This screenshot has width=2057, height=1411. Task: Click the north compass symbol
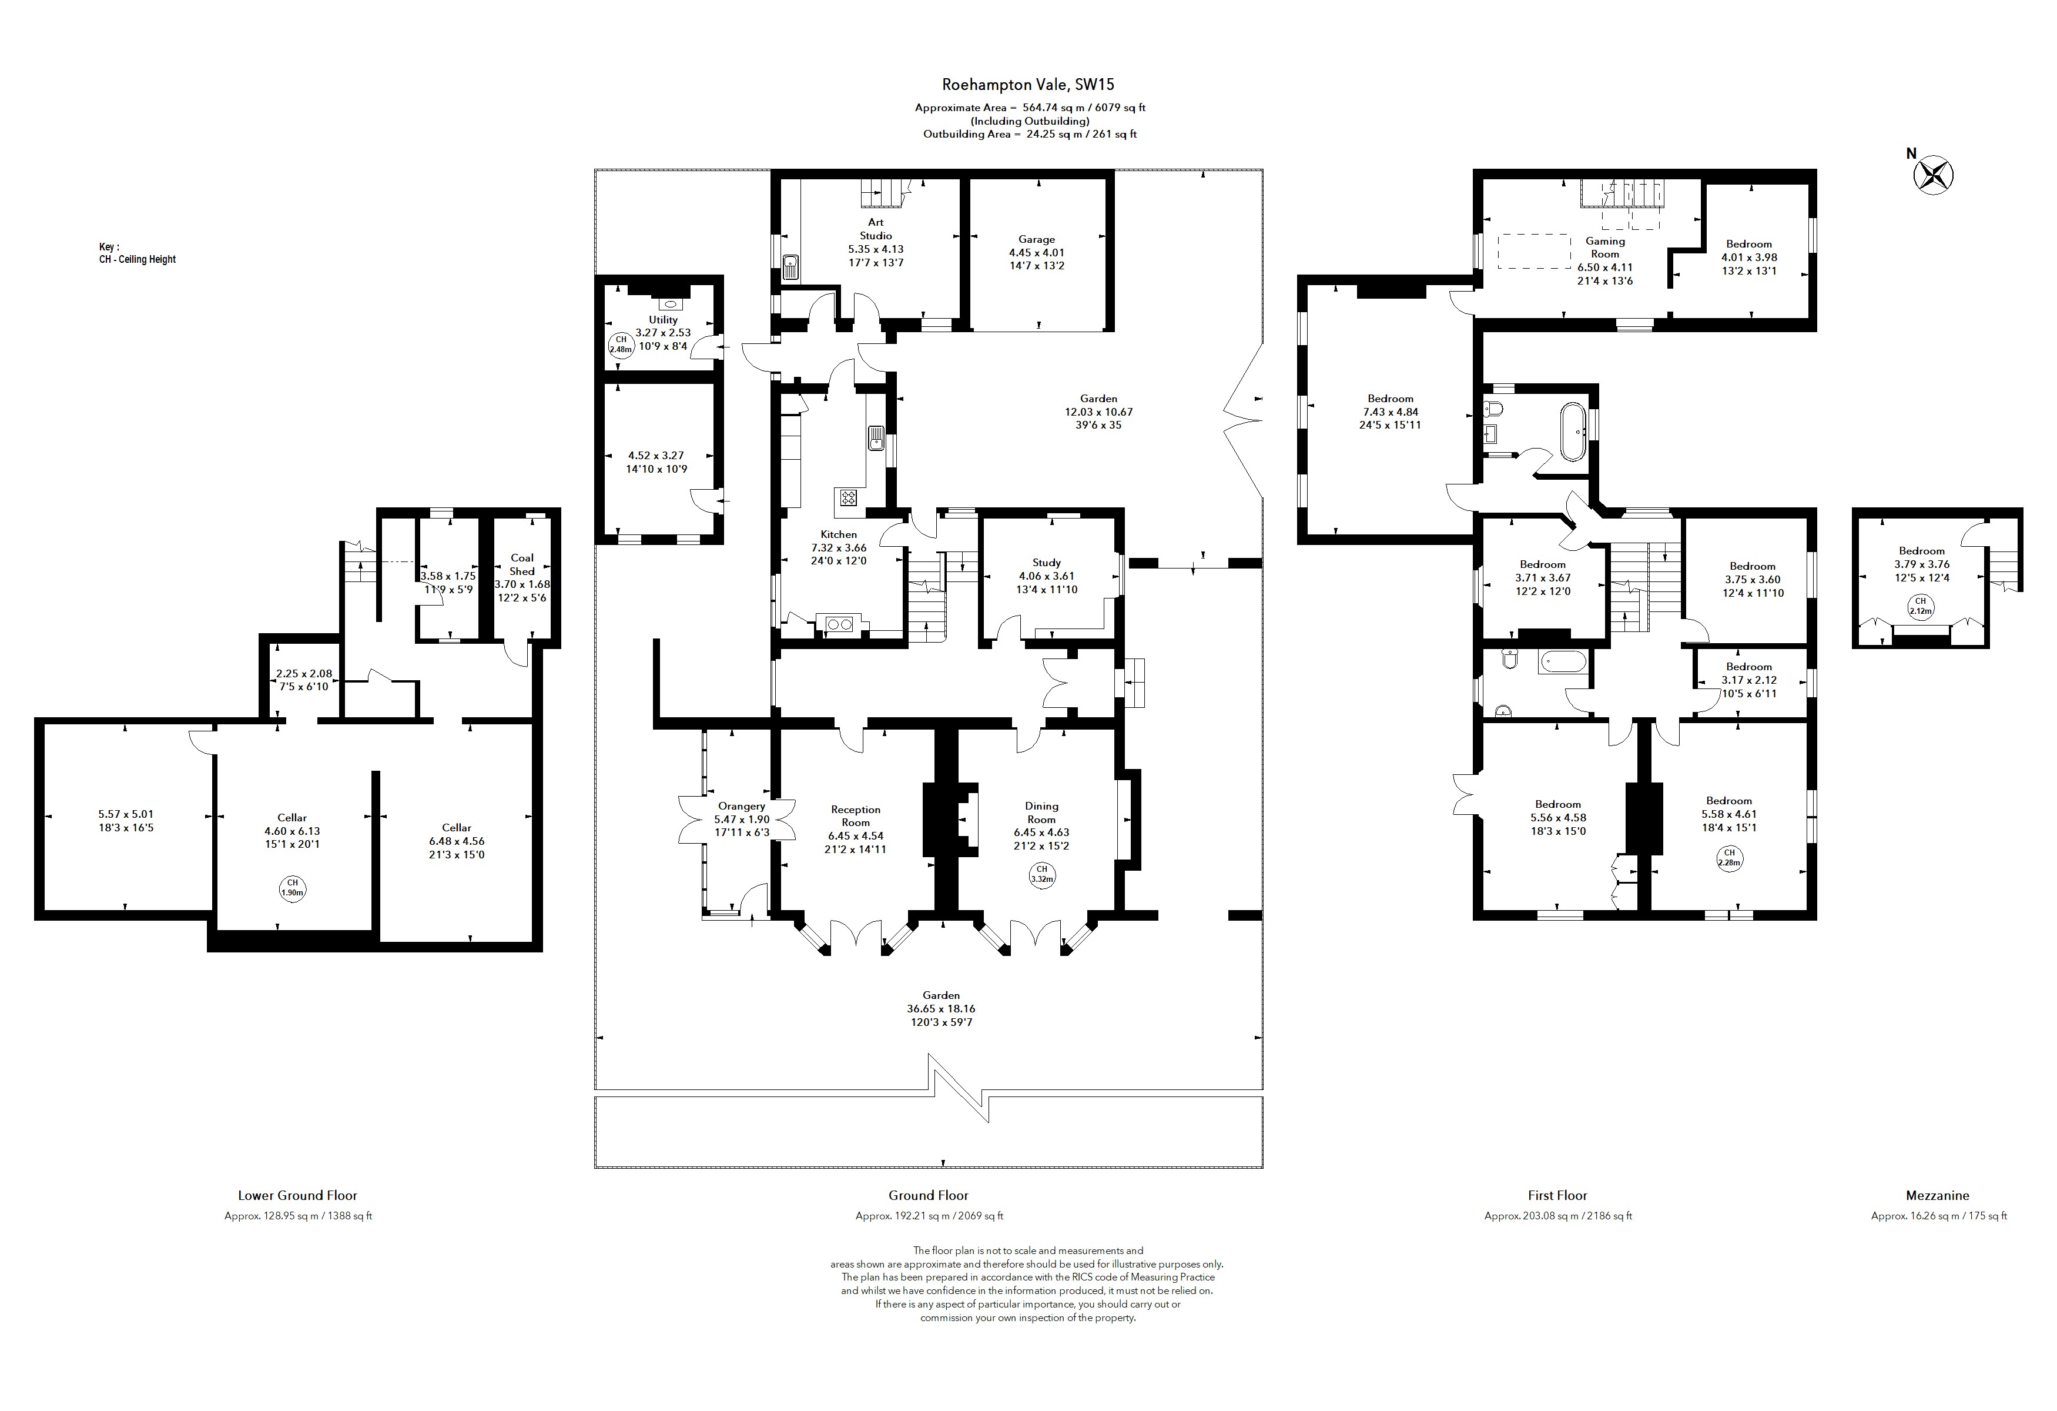click(x=1934, y=175)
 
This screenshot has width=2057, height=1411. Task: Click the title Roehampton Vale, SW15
click(x=1027, y=85)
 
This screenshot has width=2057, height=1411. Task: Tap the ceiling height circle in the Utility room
click(x=621, y=345)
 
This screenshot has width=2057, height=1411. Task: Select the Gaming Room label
click(x=1604, y=247)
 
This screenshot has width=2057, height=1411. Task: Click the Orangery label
click(x=741, y=805)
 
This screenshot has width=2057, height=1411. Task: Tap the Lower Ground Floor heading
click(x=297, y=1195)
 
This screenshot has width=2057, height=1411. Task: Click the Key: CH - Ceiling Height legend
click(x=137, y=253)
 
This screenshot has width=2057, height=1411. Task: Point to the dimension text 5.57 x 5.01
click(x=126, y=814)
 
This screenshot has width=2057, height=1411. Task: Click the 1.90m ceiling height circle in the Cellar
click(x=291, y=888)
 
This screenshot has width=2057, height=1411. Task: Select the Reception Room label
click(x=855, y=815)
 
